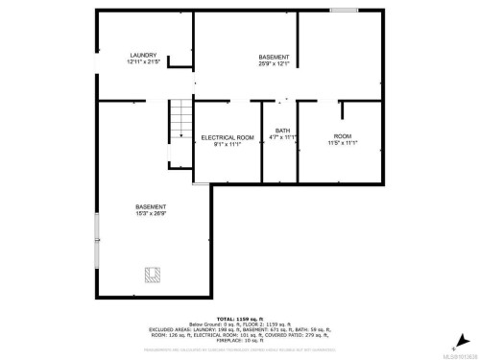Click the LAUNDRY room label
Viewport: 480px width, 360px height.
pyautogui.click(x=144, y=56)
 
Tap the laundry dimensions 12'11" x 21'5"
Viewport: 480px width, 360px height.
pyautogui.click(x=144, y=62)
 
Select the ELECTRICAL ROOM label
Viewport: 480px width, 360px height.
pyautogui.click(x=228, y=137)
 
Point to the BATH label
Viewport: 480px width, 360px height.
pyautogui.click(x=282, y=131)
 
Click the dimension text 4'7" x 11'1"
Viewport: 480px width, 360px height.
pyautogui.click(x=282, y=137)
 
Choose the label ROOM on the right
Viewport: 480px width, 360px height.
pyautogui.click(x=343, y=136)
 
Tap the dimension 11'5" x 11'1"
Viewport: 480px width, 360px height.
pyautogui.click(x=343, y=143)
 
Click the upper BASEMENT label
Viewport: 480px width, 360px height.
pyautogui.click(x=274, y=57)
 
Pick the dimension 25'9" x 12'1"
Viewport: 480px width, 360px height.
pyautogui.click(x=274, y=63)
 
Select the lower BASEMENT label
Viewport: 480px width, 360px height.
pyautogui.click(x=150, y=206)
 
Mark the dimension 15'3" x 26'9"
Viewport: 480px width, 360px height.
pyautogui.click(x=150, y=213)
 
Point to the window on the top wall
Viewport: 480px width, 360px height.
pyautogui.click(x=343, y=11)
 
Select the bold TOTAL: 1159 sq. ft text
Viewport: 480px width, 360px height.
pyautogui.click(x=239, y=318)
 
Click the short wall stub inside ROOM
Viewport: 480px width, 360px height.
pyautogui.click(x=342, y=110)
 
